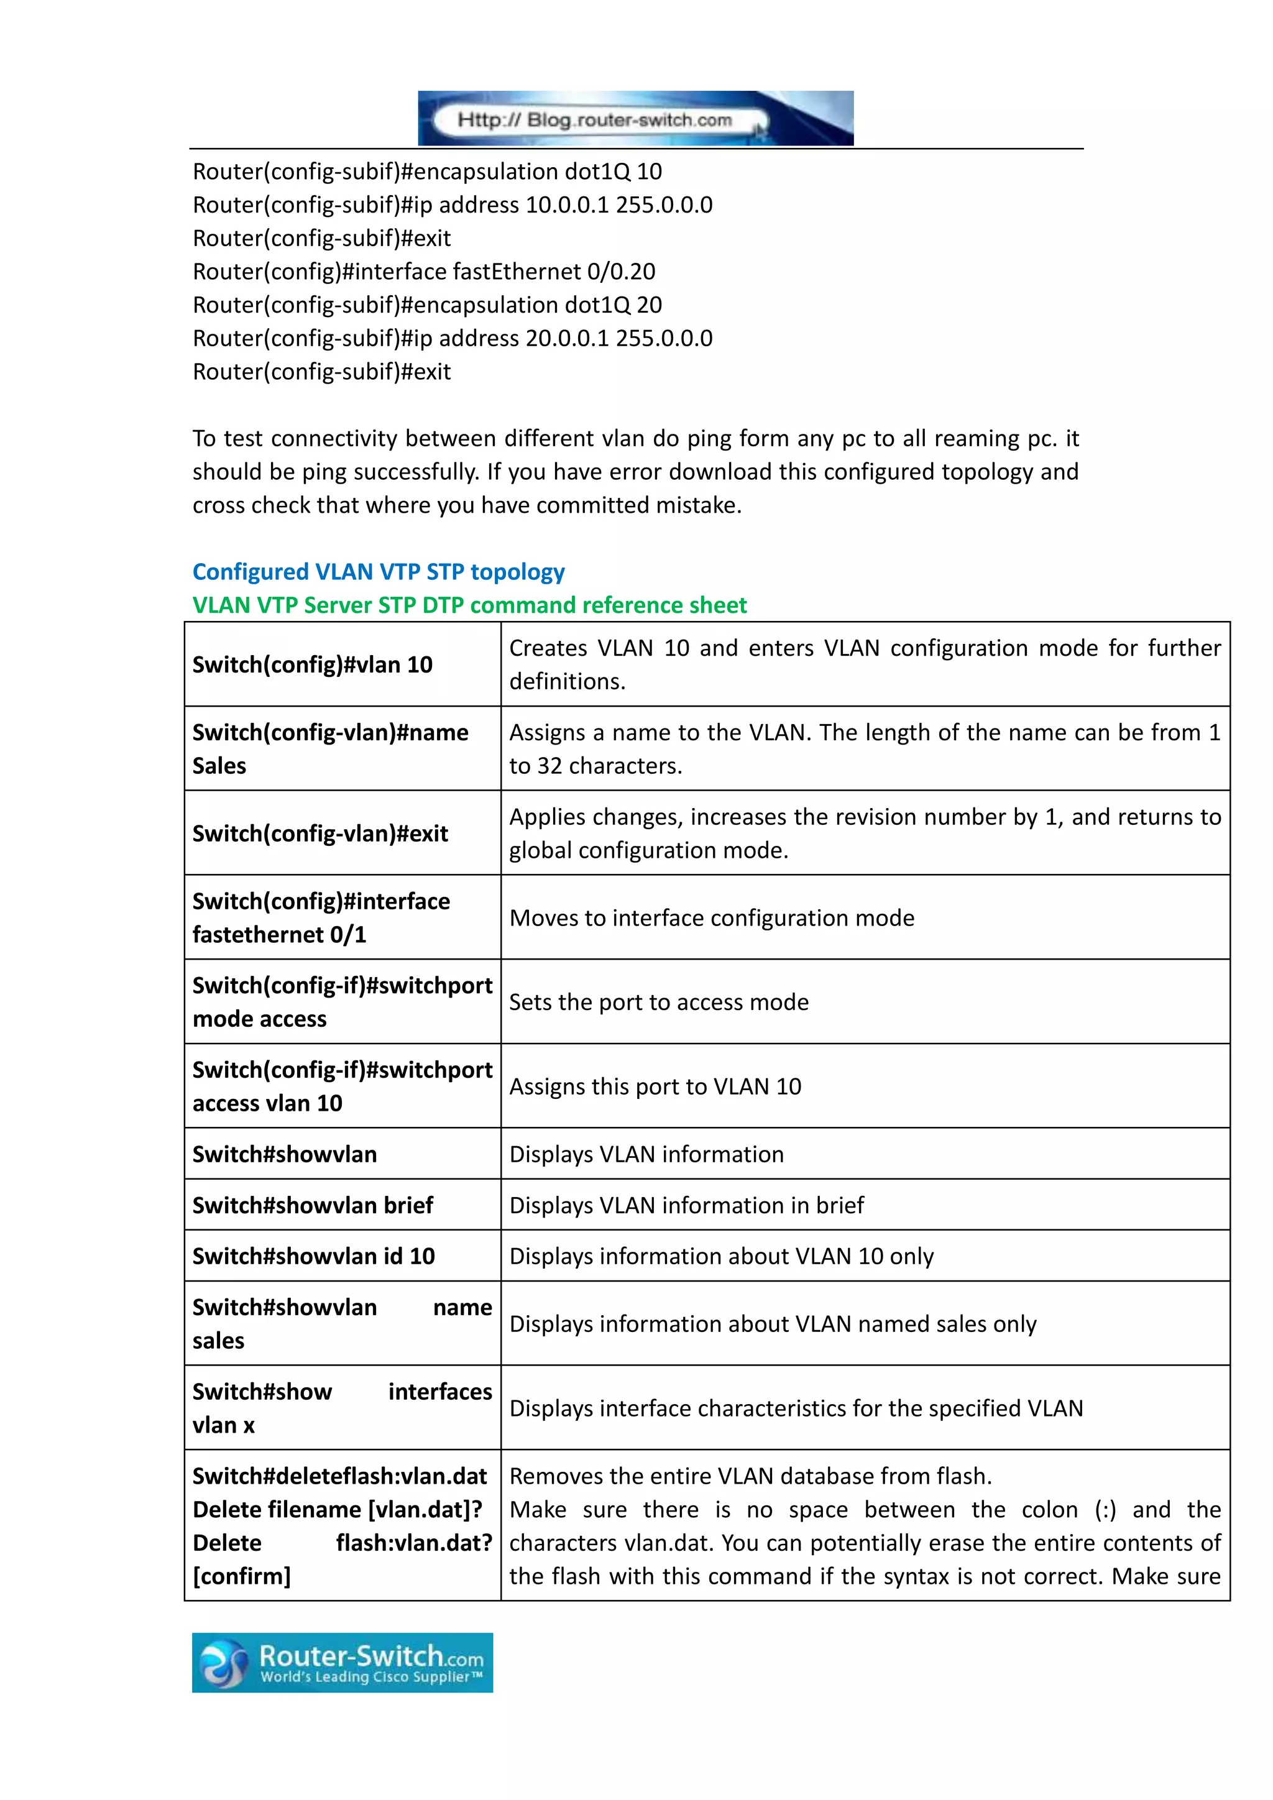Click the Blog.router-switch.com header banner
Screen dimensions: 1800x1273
(635, 118)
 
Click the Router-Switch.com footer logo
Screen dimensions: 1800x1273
(342, 1662)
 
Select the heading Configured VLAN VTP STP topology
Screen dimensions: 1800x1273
(379, 572)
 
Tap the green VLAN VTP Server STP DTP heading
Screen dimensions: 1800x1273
(469, 605)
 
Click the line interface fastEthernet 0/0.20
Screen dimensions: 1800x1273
(423, 271)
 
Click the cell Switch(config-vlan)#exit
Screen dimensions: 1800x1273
(320, 833)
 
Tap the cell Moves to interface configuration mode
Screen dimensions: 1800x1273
(712, 918)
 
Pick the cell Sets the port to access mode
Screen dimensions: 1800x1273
(658, 1002)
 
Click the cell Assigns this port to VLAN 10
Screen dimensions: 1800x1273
(655, 1086)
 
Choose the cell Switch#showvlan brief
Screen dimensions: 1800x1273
(313, 1205)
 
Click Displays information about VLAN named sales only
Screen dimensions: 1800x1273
(773, 1324)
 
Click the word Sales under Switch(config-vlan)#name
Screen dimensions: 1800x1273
(219, 766)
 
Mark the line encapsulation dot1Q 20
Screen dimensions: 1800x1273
(427, 305)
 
